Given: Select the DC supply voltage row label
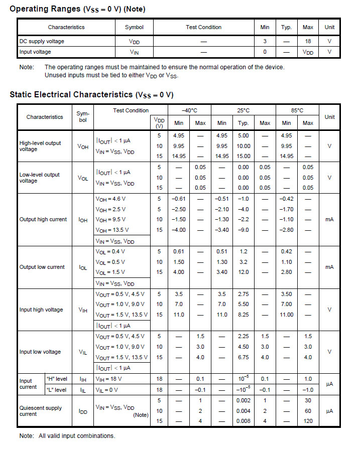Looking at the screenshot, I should pos(42,41).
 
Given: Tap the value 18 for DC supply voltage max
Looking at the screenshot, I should pos(308,41).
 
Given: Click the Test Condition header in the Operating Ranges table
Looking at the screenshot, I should pos(203,27).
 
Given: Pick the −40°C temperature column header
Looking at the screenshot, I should pos(190,110).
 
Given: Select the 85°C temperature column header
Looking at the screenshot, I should pos(297,110).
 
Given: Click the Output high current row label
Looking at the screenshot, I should pos(43,219).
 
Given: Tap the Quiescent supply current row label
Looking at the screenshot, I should pos(41,411).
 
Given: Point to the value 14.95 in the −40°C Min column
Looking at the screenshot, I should pos(179,156).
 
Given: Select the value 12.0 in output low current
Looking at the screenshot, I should pos(243,272).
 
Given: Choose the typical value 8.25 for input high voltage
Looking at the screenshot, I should pos(243,315).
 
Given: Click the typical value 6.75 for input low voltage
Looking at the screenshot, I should pos(243,357).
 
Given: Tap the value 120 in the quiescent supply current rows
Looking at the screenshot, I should pos(308,421).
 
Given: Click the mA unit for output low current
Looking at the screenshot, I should pos(329,267).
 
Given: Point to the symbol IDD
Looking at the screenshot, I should pos(83,411).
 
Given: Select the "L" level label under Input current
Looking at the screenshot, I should pos(56,390).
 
